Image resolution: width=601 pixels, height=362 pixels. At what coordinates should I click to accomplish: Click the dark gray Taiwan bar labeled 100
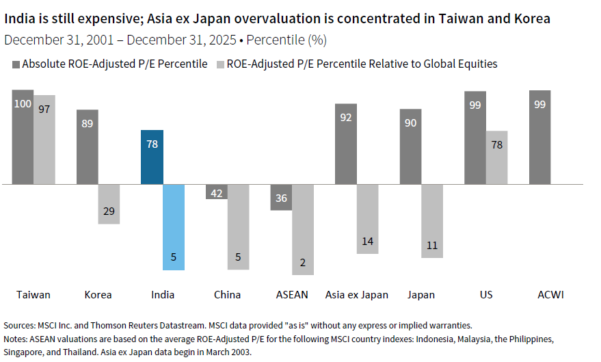23,137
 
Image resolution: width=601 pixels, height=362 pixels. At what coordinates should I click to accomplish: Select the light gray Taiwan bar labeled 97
44,140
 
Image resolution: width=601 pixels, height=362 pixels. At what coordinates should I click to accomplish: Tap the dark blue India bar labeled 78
152,157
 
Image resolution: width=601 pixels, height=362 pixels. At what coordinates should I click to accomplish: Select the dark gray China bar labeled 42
217,192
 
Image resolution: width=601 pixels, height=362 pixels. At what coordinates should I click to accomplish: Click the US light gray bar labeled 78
497,157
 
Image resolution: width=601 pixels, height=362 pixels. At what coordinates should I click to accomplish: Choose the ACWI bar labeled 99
539,137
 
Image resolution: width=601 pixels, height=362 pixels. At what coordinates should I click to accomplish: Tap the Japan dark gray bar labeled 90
410,146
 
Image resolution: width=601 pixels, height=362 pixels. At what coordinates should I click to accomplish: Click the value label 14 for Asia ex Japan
368,241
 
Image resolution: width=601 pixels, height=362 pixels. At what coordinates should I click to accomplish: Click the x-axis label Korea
98,295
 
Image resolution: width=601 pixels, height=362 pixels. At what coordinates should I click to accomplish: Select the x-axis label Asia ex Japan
356,295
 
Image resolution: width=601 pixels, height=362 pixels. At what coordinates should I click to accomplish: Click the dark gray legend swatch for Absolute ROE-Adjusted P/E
16,64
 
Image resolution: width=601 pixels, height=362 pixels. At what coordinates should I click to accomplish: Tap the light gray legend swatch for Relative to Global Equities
220,64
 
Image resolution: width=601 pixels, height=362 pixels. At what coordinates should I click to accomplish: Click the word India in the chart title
21,18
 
